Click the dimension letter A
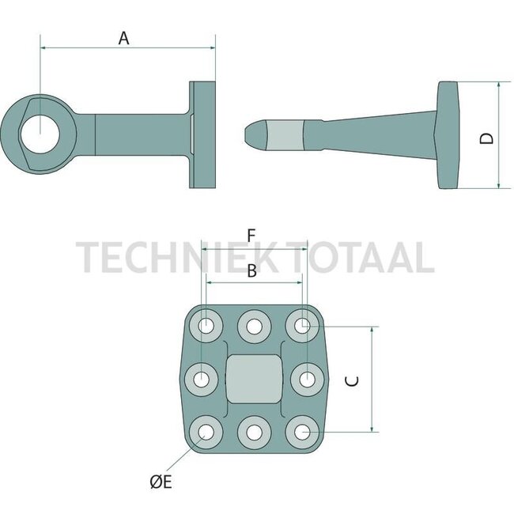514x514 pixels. pos(123,36)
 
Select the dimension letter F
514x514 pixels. pos(251,236)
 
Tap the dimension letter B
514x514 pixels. pos(251,271)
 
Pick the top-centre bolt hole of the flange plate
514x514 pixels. pos(254,325)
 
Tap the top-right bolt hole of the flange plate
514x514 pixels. pos(301,325)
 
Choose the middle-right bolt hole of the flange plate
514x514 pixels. pos(304,379)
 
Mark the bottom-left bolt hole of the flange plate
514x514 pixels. pos(206,432)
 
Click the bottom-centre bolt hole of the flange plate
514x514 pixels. pos(254,432)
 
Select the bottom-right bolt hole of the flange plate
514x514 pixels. pos(301,432)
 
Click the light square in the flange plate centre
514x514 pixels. pos(254,379)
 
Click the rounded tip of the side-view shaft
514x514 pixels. pos(253,135)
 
